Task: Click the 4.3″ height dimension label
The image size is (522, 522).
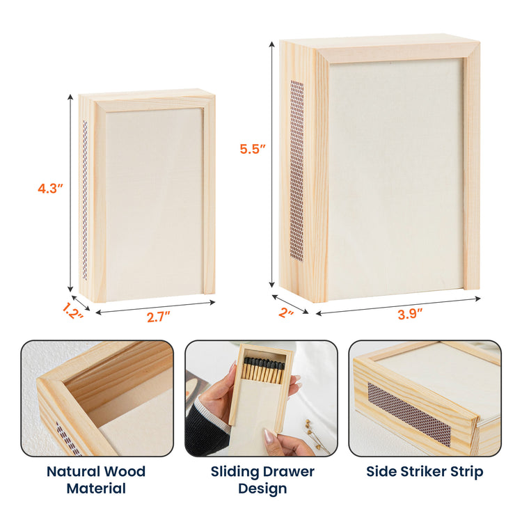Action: [x=50, y=189]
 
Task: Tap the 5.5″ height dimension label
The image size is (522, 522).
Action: [x=253, y=149]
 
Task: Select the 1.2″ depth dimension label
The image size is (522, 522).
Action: [x=72, y=310]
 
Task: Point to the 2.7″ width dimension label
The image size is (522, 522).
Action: [x=159, y=317]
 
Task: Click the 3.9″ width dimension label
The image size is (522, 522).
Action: [x=410, y=314]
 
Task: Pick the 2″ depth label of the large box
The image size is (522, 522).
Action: [x=286, y=313]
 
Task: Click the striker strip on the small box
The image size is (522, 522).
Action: [x=85, y=200]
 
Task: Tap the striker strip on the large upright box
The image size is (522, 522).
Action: [x=297, y=170]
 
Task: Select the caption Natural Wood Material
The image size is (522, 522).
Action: [x=96, y=480]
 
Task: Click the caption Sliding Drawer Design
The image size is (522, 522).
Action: [x=262, y=480]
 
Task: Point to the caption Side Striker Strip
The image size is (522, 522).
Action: [x=425, y=471]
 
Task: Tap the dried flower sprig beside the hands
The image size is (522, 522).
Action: [x=315, y=434]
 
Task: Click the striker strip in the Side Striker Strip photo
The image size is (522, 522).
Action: [x=409, y=414]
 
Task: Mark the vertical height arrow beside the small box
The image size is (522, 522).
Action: [x=70, y=193]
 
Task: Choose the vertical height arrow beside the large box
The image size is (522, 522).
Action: [x=272, y=164]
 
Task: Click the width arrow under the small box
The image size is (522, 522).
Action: [x=155, y=307]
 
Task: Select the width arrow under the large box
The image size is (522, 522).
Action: [x=398, y=306]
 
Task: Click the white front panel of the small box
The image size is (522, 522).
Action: [x=155, y=204]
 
